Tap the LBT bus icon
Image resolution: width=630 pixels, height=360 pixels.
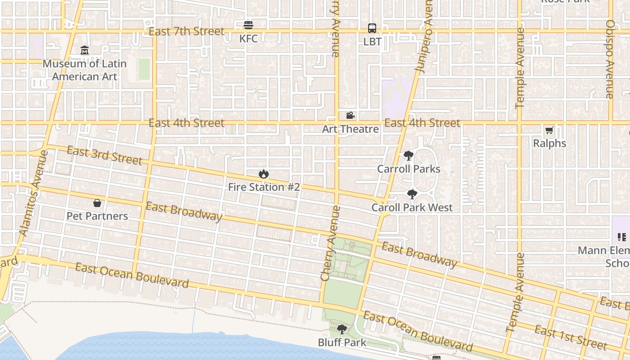click(x=372, y=28)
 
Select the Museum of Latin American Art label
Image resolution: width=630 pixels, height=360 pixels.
click(x=85, y=70)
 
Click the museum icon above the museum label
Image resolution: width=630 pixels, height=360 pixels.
click(x=85, y=50)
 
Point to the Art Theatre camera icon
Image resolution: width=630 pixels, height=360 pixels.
click(x=350, y=116)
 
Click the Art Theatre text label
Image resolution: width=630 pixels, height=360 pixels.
click(x=350, y=129)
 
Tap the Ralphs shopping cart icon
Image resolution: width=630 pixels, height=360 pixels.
click(x=549, y=130)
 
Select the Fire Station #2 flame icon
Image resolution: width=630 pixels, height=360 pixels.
click(x=263, y=174)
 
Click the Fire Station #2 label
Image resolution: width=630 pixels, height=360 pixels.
click(x=264, y=187)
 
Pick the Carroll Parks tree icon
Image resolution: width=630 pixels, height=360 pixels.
click(x=408, y=156)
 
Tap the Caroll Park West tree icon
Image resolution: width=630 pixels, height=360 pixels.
click(x=412, y=194)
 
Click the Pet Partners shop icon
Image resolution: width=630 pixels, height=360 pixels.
click(x=97, y=203)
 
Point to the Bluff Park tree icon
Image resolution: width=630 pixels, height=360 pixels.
click(x=342, y=329)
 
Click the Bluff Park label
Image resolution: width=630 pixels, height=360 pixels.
click(x=342, y=342)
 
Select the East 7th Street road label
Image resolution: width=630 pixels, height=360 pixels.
click(x=186, y=31)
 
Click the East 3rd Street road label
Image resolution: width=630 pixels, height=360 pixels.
click(x=104, y=155)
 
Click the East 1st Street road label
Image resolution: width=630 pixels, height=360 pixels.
click(x=570, y=338)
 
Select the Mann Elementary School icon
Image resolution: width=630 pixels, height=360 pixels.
click(x=622, y=237)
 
